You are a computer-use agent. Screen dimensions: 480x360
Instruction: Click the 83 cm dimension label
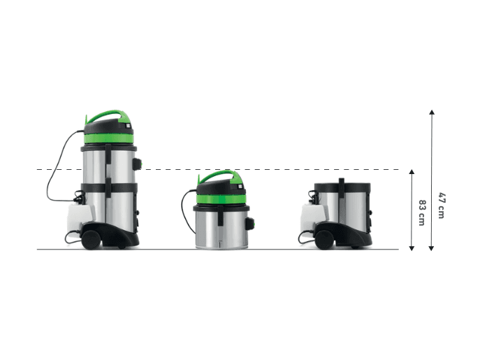pos(422,213)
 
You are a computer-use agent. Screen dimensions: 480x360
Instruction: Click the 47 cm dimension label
pos(441,206)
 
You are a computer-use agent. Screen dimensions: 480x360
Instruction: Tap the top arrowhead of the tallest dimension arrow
pos(432,112)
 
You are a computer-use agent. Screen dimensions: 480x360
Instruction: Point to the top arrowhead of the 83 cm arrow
pos(412,172)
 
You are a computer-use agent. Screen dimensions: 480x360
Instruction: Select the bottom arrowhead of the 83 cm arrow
pos(412,248)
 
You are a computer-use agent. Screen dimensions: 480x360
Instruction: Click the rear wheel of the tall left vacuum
pos(92,240)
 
